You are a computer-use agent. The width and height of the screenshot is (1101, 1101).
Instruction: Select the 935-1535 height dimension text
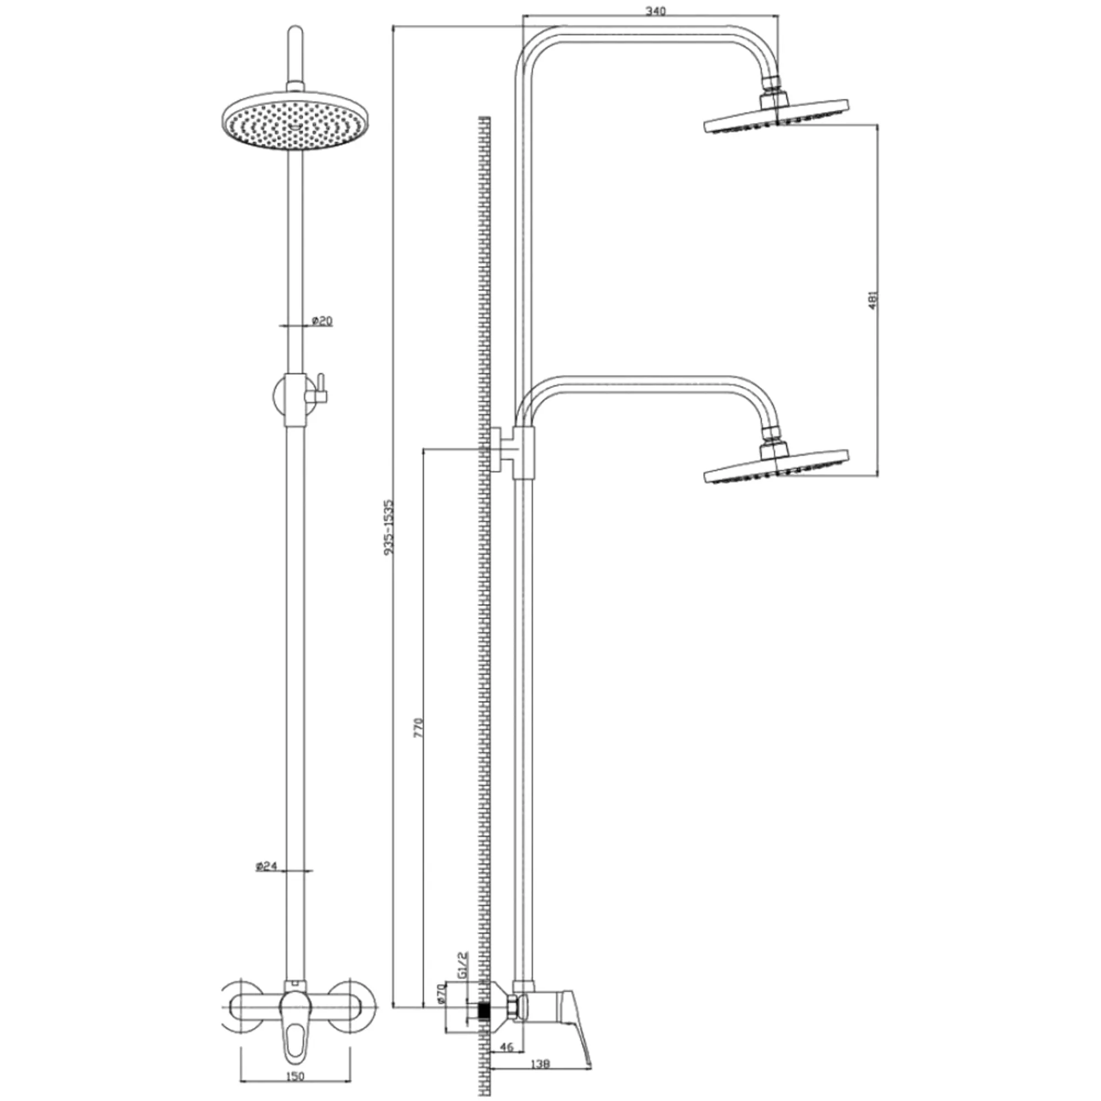point(389,527)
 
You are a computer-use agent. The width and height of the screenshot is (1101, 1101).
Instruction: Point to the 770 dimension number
point(419,728)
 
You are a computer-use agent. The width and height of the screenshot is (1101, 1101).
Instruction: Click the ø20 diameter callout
point(322,321)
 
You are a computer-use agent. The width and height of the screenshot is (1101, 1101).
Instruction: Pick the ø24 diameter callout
point(266,867)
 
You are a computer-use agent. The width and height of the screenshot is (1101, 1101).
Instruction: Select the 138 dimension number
point(539,1065)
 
